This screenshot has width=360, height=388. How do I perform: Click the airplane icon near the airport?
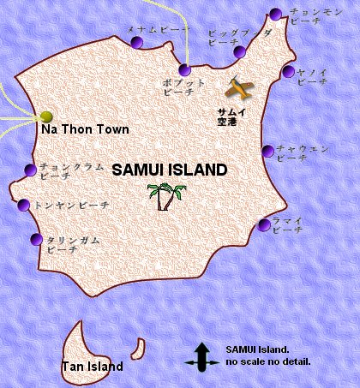[x=239, y=87]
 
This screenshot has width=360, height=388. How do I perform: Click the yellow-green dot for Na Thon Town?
[x=46, y=116]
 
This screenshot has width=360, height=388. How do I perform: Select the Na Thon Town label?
[x=85, y=129]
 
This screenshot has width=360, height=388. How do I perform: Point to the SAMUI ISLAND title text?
[x=170, y=170]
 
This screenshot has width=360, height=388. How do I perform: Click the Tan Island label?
[x=93, y=367]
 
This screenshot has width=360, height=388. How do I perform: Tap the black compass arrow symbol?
[x=202, y=357]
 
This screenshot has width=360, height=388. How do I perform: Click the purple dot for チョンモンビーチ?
[x=274, y=14]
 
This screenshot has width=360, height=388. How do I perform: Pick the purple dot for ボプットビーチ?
[x=185, y=70]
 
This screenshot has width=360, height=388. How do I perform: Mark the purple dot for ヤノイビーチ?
[x=289, y=72]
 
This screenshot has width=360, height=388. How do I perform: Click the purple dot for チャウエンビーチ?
[x=267, y=152]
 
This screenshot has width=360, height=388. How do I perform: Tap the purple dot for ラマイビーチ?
[x=263, y=225]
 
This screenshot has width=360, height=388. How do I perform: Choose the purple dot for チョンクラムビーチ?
[x=31, y=169]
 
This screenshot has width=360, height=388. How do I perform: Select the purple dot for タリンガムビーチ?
[x=35, y=240]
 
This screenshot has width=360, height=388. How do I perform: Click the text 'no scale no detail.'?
[x=267, y=362]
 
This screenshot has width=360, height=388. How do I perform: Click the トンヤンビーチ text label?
[x=72, y=206]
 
